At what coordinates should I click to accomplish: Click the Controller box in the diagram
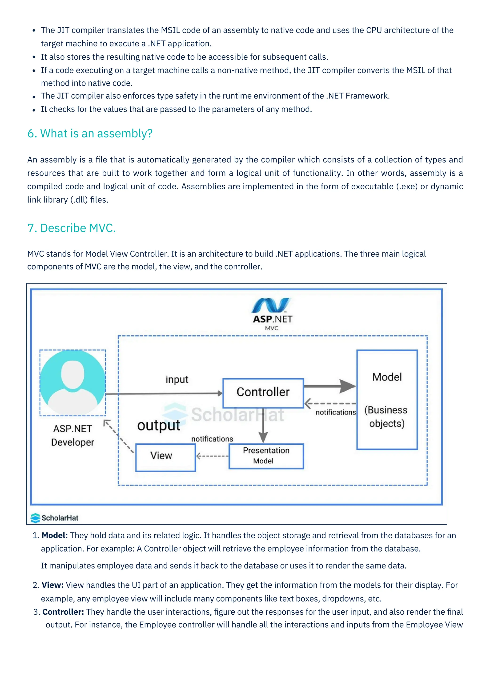click(263, 393)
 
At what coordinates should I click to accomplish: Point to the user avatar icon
click(73, 383)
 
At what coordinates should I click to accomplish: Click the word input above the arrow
click(177, 380)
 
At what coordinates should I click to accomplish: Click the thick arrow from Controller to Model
click(329, 386)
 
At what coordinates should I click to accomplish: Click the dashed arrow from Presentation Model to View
click(212, 456)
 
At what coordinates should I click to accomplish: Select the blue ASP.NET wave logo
click(271, 306)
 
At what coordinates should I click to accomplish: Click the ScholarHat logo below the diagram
click(55, 518)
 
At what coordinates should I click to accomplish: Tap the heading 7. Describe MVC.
click(72, 228)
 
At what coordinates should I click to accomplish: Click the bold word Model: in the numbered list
click(55, 536)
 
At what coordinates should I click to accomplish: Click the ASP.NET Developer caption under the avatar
click(73, 435)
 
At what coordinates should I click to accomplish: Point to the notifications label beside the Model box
click(336, 412)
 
